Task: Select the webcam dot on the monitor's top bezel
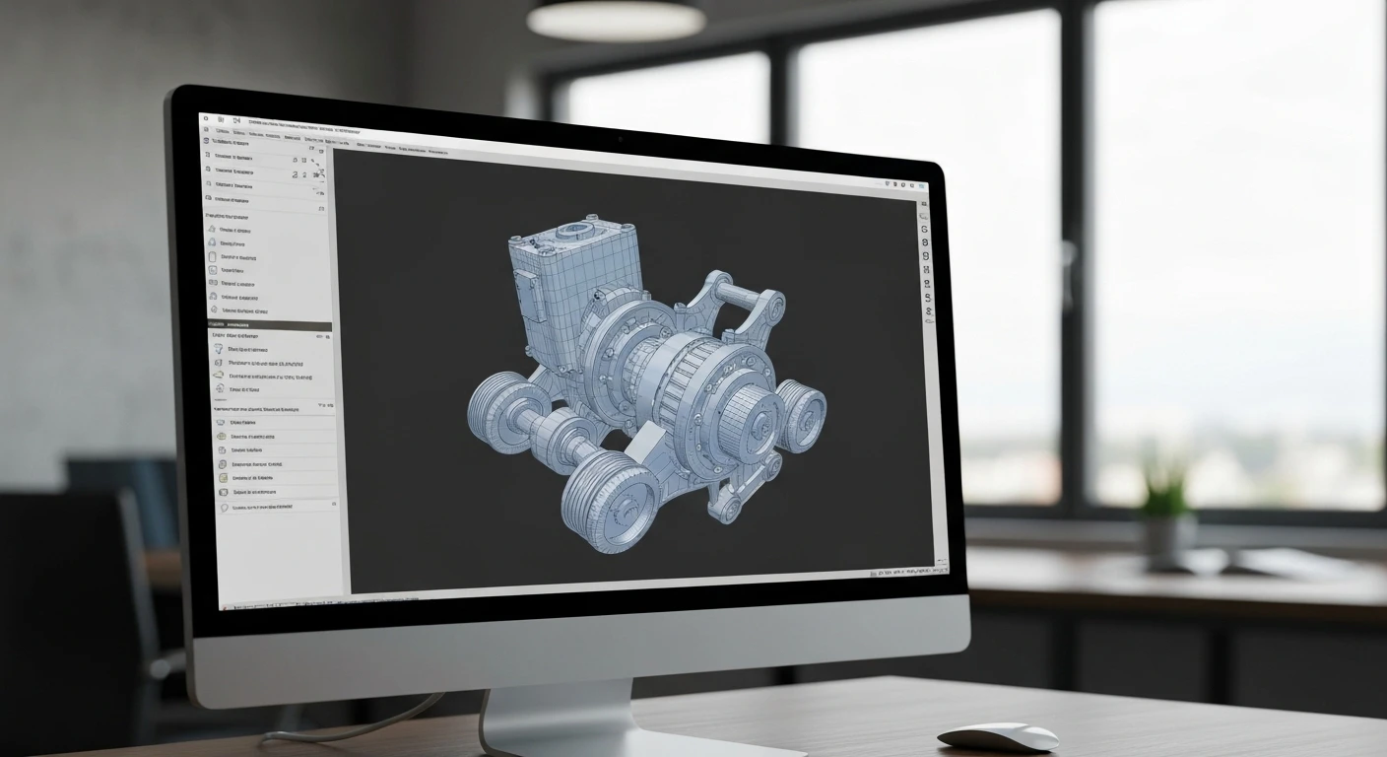click(x=620, y=140)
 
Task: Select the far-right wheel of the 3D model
click(x=802, y=414)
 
